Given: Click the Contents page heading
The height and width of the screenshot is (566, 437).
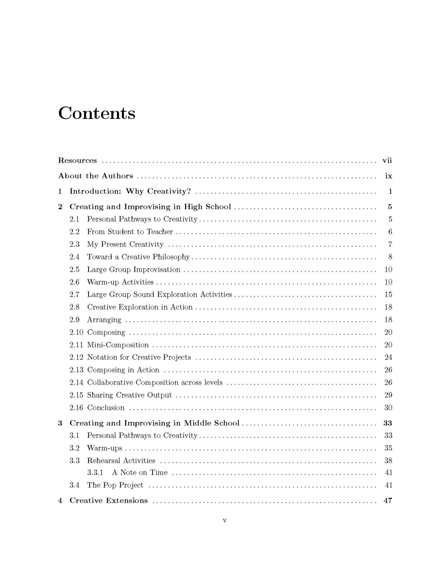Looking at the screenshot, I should pyautogui.click(x=97, y=113).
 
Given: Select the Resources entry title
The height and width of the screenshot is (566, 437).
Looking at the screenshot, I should pyautogui.click(x=77, y=160).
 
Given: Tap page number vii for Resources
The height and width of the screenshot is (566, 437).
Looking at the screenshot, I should pyautogui.click(x=387, y=160).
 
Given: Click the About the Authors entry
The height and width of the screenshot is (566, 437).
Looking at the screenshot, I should pyautogui.click(x=95, y=176).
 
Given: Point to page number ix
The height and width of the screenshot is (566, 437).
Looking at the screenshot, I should pyautogui.click(x=388, y=176).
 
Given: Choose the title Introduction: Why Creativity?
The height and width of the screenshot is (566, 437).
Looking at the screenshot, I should pyautogui.click(x=130, y=191).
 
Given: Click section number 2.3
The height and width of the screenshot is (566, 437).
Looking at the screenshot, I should pyautogui.click(x=75, y=244).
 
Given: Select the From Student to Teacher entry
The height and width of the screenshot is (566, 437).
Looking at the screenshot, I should pyautogui.click(x=130, y=232).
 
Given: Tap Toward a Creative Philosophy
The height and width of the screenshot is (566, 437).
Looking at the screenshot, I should pyautogui.click(x=138, y=257).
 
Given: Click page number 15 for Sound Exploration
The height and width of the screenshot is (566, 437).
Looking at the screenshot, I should pyautogui.click(x=388, y=294).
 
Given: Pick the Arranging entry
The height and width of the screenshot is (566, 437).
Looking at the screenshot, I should pyautogui.click(x=104, y=320).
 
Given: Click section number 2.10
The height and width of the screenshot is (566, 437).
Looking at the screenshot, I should pyautogui.click(x=76, y=333).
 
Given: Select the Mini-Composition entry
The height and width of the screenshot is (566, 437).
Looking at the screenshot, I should pyautogui.click(x=118, y=345).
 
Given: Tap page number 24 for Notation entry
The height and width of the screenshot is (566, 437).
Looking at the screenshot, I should pyautogui.click(x=388, y=357).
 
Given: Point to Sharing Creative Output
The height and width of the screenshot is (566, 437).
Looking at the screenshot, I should pyautogui.click(x=129, y=395).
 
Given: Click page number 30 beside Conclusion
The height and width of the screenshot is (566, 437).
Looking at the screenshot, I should pyautogui.click(x=388, y=408).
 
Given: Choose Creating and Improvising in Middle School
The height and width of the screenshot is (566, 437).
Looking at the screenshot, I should pyautogui.click(x=154, y=423).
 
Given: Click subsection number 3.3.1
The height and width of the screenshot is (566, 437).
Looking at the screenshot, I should pyautogui.click(x=95, y=473).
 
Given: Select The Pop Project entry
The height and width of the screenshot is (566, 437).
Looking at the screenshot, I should pyautogui.click(x=115, y=485).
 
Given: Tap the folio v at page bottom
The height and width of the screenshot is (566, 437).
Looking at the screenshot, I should pyautogui.click(x=225, y=521).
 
